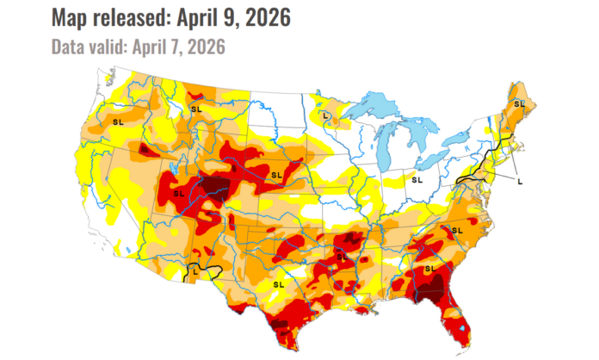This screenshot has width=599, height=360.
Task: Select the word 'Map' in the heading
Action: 71,17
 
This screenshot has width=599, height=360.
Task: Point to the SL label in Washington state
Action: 118,123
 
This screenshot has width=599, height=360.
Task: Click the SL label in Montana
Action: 195,109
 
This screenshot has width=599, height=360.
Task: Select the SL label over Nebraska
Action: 276,176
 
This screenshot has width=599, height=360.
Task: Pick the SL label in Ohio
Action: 417,180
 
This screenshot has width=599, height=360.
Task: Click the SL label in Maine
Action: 518,103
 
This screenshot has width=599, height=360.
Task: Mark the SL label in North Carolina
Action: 457,230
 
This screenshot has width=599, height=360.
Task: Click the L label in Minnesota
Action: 325,115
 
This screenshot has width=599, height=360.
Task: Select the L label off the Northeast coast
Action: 520,180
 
